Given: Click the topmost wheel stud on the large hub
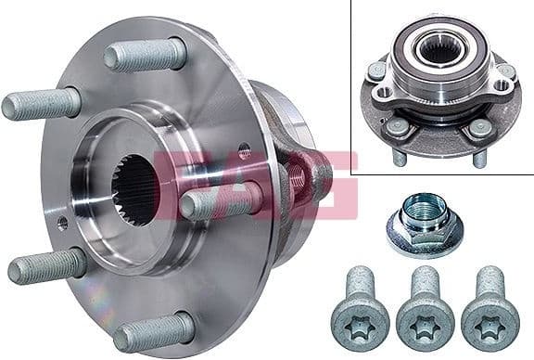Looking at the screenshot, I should coord(146,56).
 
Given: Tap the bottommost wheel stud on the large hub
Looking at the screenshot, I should coord(155,331).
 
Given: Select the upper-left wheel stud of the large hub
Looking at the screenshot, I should coord(41,104).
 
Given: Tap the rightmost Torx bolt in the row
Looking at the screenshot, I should coord(486,306).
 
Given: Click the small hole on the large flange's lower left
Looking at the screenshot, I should coord(62,223).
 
